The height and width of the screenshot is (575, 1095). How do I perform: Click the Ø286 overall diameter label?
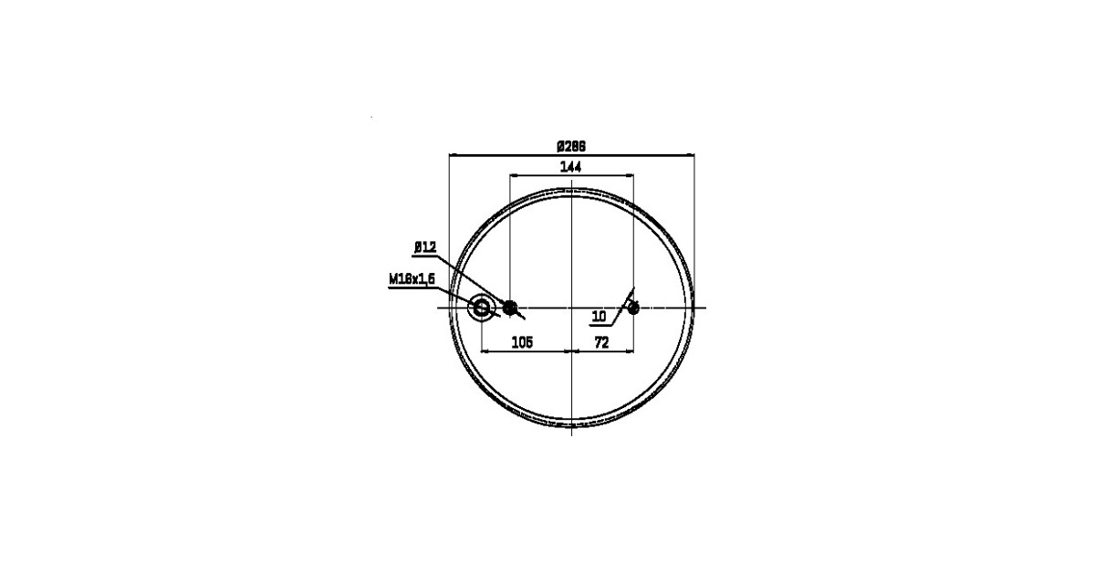571,146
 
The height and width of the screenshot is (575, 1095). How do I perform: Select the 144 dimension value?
570,167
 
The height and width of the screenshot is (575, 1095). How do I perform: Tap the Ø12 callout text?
425,247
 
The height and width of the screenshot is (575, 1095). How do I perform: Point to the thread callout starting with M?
412,279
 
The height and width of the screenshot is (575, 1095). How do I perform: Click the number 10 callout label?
599,317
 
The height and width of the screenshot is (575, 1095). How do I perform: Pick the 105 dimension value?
522,343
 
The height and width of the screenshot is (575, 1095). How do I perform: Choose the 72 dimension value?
601,343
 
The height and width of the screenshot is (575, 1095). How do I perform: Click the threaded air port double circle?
482,308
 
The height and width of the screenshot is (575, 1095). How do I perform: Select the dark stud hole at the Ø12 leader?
510,308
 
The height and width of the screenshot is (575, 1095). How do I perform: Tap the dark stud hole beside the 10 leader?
633,308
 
